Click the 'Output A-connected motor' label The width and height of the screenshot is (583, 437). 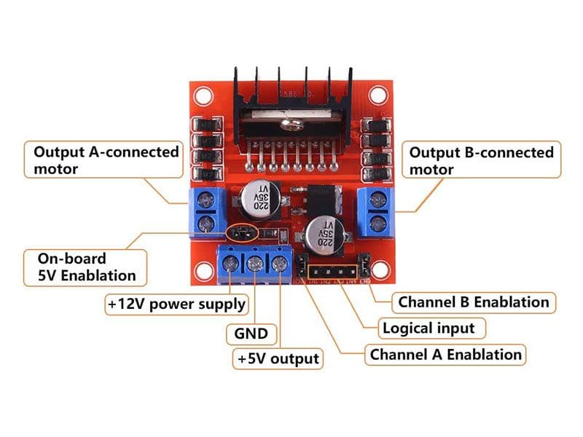(106, 160)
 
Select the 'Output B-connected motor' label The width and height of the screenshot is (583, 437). (482, 161)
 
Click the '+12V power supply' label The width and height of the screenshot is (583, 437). (177, 303)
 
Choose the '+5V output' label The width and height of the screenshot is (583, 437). (278, 358)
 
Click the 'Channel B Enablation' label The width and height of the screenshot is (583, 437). (473, 302)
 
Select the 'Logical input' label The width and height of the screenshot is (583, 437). (429, 328)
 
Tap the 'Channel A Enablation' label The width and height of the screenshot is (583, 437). (446, 355)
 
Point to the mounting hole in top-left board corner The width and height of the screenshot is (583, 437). (203, 95)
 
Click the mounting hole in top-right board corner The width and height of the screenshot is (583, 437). (377, 95)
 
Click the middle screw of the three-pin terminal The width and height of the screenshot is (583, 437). (255, 265)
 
